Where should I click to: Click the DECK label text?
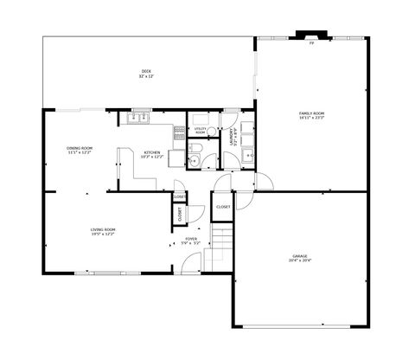coord(148,71)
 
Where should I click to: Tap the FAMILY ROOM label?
coord(311,113)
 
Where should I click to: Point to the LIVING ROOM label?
coord(103,229)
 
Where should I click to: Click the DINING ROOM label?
coord(80,148)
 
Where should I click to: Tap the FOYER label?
coord(191,239)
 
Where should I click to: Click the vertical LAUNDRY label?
coord(232,138)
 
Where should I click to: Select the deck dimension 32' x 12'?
coord(148,77)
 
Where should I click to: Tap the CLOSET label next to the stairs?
coord(223,208)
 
